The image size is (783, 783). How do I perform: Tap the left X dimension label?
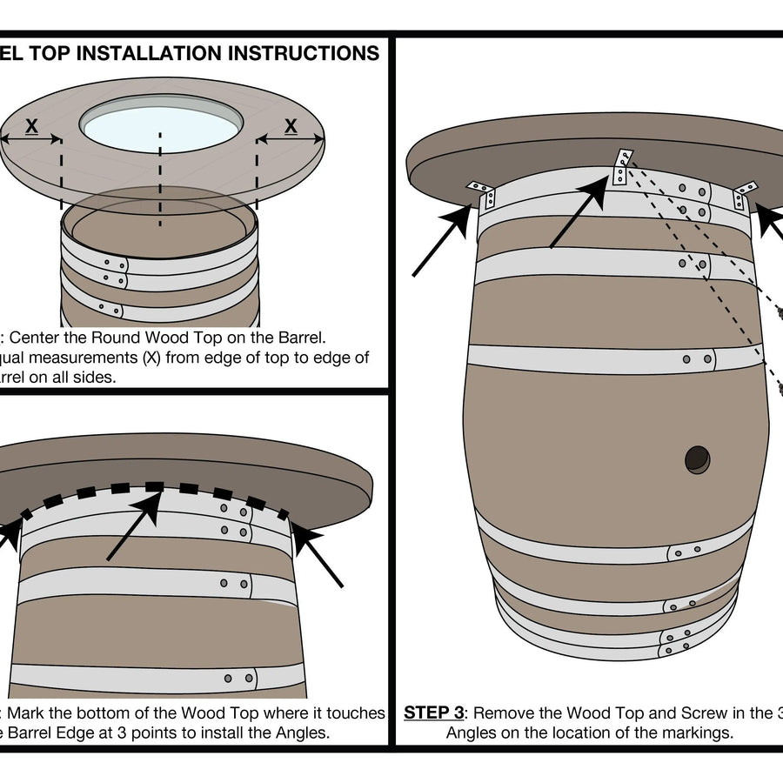(31, 127)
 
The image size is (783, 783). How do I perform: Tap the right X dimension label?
(291, 127)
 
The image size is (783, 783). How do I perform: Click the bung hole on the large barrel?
(697, 458)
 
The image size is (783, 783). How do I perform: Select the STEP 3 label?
(432, 713)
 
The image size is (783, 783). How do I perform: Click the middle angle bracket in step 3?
(622, 167)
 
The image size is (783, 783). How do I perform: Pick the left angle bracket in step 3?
(481, 192)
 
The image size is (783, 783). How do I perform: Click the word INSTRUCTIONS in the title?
(303, 53)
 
